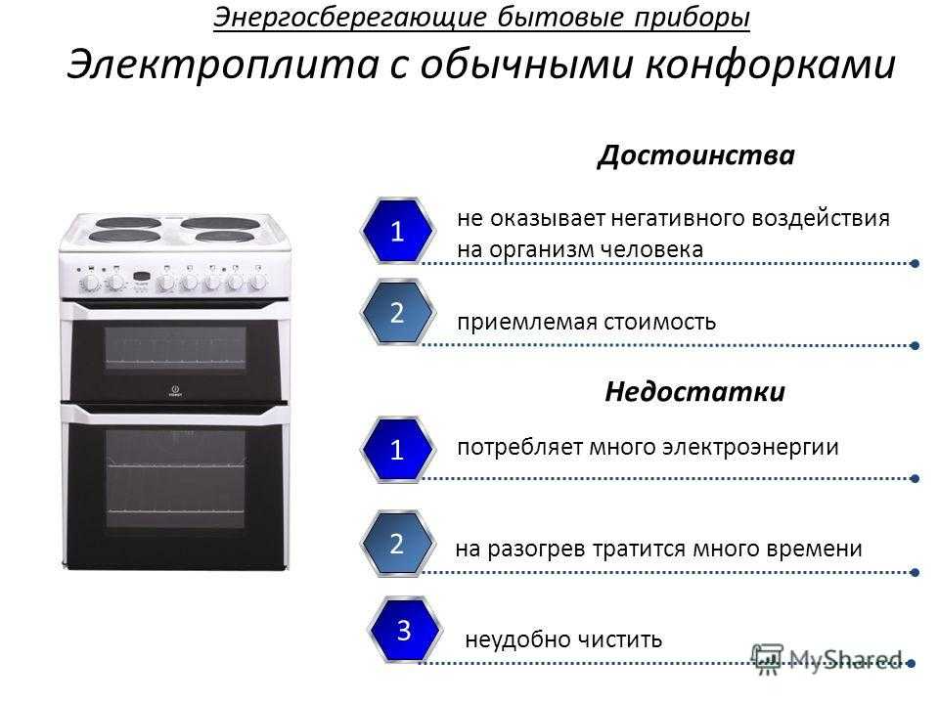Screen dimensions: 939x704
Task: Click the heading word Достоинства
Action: (x=695, y=155)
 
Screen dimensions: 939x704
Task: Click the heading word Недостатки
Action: (x=694, y=391)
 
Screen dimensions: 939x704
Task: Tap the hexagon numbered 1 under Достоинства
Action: (x=397, y=231)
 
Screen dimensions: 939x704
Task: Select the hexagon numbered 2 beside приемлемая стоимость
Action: (x=397, y=313)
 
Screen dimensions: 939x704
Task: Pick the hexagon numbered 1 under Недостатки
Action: (x=397, y=450)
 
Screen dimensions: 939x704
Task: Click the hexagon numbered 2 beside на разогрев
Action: (x=397, y=543)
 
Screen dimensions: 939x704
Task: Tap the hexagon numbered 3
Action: (x=404, y=630)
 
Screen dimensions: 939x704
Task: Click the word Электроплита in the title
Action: (x=223, y=65)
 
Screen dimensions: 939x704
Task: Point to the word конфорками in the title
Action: (x=770, y=65)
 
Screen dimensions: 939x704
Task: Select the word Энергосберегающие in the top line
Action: (x=350, y=18)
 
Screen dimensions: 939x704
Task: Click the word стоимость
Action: (x=659, y=322)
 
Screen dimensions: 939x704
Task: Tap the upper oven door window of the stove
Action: (x=175, y=347)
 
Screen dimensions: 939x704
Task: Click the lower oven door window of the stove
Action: (x=175, y=478)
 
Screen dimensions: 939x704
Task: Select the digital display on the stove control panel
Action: (x=141, y=276)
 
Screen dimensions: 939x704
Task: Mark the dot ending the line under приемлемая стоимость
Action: (x=915, y=345)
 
